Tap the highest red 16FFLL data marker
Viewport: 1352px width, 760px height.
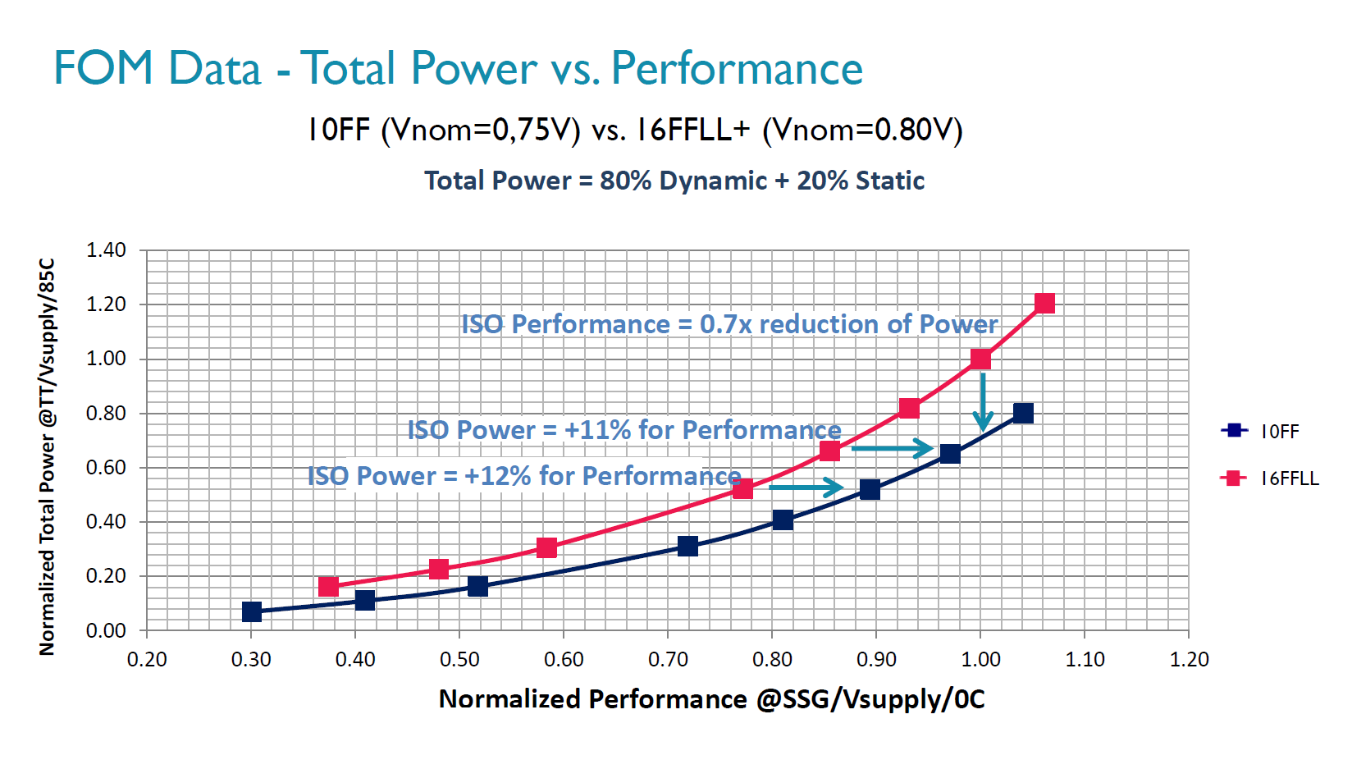pos(1044,304)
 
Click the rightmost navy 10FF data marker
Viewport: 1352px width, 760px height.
pos(1023,413)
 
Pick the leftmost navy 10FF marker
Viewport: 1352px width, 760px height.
pos(252,611)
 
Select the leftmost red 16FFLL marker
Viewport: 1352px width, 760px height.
pos(328,586)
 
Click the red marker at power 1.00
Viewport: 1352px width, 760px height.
pos(980,359)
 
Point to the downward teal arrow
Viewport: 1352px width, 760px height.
pos(983,402)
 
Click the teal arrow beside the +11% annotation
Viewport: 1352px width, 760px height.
pos(892,448)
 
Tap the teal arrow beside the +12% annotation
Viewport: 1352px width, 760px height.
pos(806,488)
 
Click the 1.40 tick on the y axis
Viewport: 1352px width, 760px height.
pos(107,250)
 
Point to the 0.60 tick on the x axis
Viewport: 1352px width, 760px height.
pos(564,660)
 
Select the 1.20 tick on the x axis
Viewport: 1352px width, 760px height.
pos(1189,660)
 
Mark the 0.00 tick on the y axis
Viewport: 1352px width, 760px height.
pos(107,630)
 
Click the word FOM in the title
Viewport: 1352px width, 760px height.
pos(103,68)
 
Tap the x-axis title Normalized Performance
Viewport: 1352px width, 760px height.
pos(592,698)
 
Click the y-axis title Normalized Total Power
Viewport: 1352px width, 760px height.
pos(48,456)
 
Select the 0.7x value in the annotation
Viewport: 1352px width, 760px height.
pos(725,324)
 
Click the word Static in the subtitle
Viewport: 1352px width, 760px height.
pos(890,181)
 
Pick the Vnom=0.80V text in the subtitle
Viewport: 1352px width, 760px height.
pos(863,130)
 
